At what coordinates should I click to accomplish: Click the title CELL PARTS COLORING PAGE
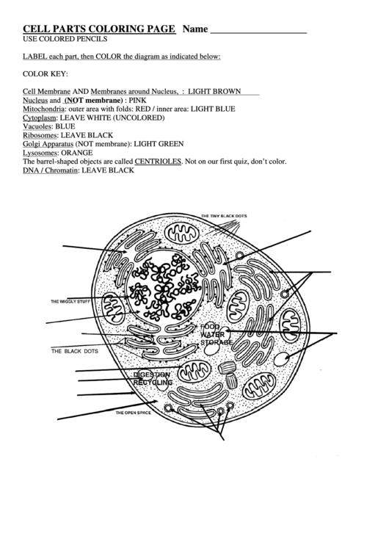[99, 29]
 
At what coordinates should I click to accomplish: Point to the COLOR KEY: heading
[46, 73]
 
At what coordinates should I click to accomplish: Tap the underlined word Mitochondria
[47, 109]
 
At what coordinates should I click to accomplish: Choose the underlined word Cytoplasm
[40, 117]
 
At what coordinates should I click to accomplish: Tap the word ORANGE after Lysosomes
[76, 153]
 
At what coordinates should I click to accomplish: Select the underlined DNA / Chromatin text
[51, 170]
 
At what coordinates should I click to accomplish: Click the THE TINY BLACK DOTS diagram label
[224, 216]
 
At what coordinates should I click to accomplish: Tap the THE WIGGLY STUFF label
[70, 302]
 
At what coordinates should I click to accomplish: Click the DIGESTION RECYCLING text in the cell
[153, 379]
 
